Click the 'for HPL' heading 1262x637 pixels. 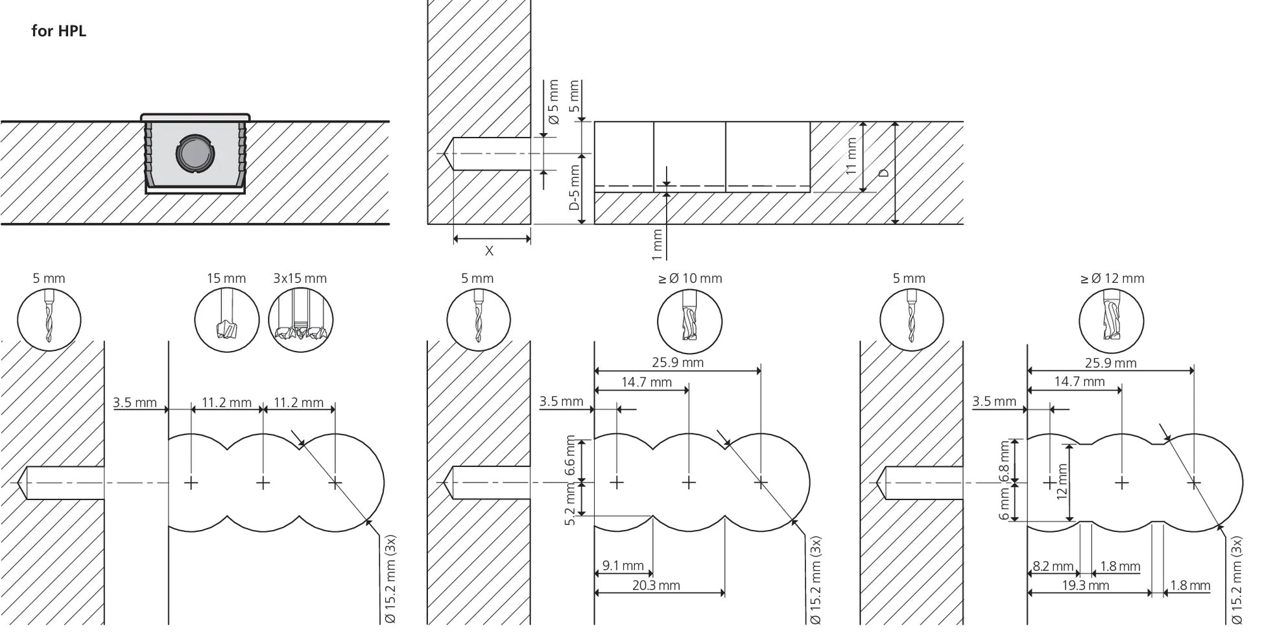58,31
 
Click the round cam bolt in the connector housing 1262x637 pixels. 194,154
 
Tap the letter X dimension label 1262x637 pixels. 489,250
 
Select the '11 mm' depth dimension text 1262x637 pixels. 851,156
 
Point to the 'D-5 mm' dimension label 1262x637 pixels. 574,187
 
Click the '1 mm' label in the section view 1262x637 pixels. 658,245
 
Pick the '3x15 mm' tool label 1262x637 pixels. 300,278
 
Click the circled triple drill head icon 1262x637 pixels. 301,320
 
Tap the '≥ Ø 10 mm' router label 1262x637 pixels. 690,278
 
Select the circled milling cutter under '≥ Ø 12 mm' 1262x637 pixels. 1112,321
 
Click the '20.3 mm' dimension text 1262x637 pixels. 656,585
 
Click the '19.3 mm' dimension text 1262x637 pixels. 1086,585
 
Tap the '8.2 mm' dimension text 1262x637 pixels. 1053,566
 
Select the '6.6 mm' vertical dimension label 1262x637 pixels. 571,455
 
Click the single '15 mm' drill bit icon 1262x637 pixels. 227,320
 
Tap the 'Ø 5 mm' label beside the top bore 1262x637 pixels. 553,102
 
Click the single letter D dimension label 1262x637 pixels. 883,173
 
